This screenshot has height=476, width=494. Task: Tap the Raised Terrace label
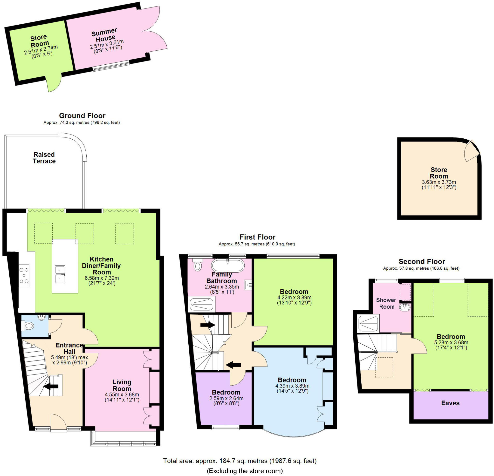pyautogui.click(x=44, y=158)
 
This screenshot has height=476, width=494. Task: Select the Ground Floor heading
pyautogui.click(x=82, y=116)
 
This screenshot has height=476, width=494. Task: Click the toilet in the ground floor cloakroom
pyautogui.click(x=27, y=326)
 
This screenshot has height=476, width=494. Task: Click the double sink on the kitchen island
pyautogui.click(x=60, y=274)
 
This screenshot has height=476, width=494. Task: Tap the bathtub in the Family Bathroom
pyautogui.click(x=228, y=265)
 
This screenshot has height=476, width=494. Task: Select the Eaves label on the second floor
pyautogui.click(x=450, y=403)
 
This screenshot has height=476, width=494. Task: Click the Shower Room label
pyautogui.click(x=386, y=303)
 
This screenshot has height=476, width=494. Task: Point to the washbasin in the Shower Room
pyautogui.click(x=405, y=307)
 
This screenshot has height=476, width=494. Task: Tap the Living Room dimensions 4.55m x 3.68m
pyautogui.click(x=122, y=394)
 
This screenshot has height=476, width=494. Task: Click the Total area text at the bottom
pyautogui.click(x=240, y=461)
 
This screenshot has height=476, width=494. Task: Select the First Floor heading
pyautogui.click(x=257, y=237)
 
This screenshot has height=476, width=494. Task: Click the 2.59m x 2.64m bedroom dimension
pyautogui.click(x=226, y=398)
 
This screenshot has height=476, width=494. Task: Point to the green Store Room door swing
pyautogui.click(x=54, y=83)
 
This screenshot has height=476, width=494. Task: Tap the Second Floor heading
pyautogui.click(x=422, y=262)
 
